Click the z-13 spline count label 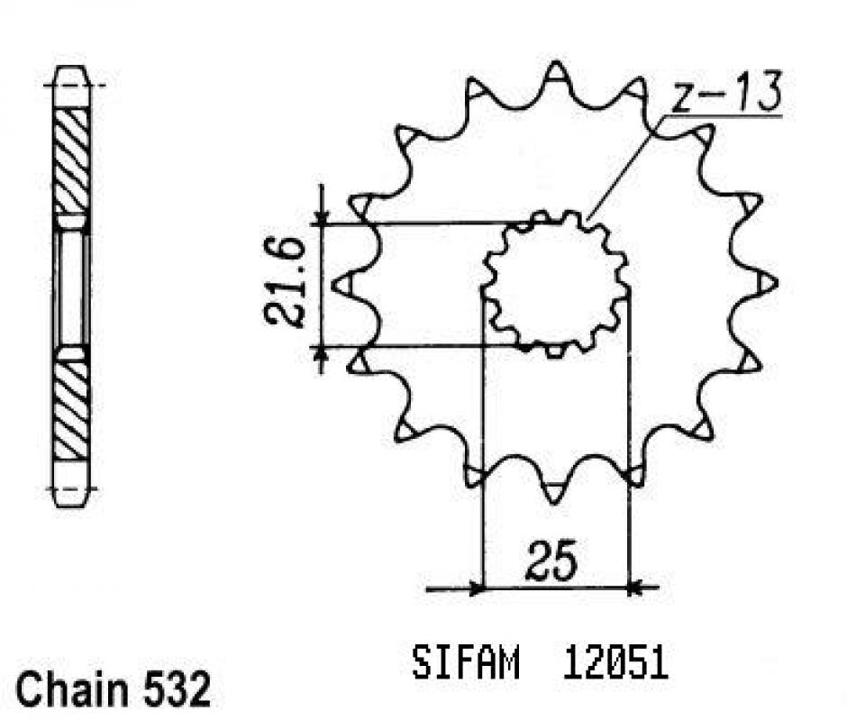(x=726, y=95)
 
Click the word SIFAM (x=466, y=665)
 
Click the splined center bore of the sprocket (x=555, y=284)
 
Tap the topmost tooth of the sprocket (x=557, y=71)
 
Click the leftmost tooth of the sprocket (x=342, y=284)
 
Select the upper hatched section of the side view (x=72, y=158)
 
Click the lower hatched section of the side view (x=72, y=410)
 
